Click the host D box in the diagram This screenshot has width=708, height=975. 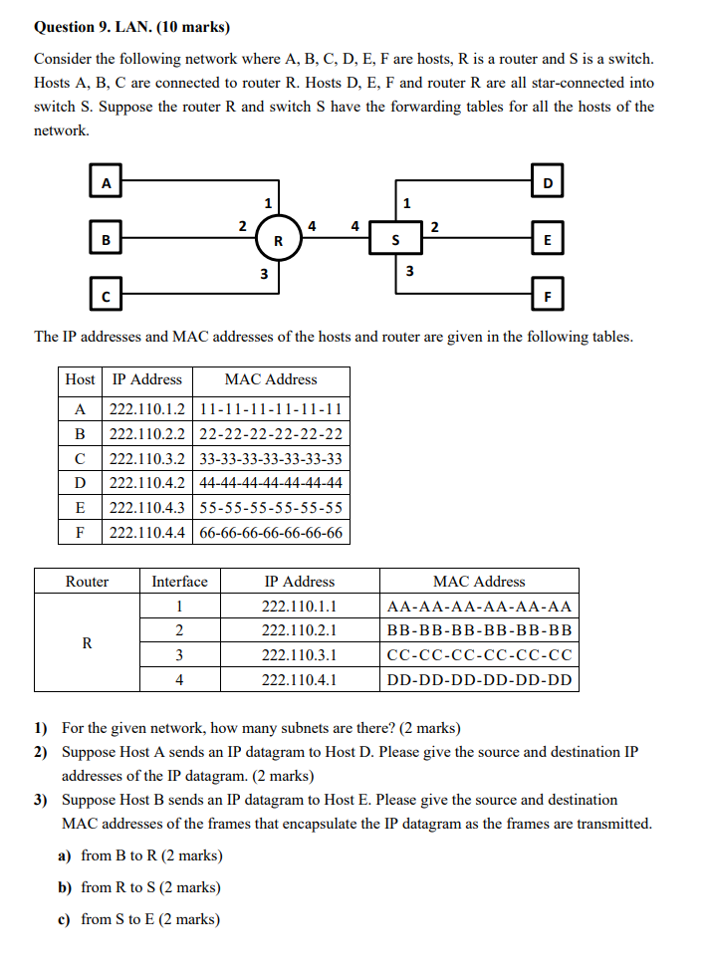[x=548, y=182]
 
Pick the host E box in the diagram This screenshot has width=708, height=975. [x=548, y=239]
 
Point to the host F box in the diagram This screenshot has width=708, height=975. [x=548, y=296]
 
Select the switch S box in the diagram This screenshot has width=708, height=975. [x=395, y=239]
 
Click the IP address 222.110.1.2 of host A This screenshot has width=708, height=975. [x=146, y=408]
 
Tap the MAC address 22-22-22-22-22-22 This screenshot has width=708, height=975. [x=271, y=433]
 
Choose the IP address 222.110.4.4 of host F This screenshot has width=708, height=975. [x=146, y=533]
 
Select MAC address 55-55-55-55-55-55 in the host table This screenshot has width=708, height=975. [x=271, y=508]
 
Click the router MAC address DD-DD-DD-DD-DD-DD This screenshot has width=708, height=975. [x=479, y=680]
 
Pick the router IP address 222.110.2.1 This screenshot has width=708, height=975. [x=299, y=630]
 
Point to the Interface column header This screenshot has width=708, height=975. [x=179, y=582]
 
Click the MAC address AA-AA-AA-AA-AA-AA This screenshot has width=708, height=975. [x=479, y=607]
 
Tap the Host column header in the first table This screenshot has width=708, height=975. [x=80, y=379]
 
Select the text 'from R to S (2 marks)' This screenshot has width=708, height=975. [x=150, y=887]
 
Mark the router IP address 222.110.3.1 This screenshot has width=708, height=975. [x=299, y=655]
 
